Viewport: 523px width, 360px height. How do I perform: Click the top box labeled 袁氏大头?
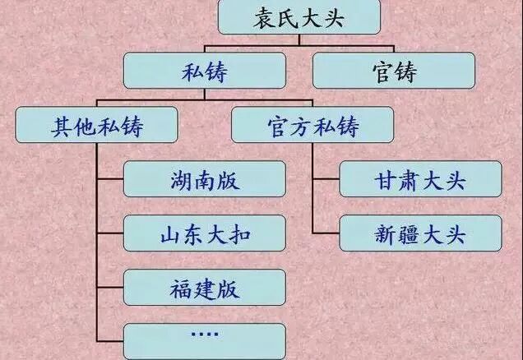[299, 17]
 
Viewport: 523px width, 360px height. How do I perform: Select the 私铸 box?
[205, 71]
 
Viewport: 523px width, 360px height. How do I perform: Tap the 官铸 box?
[394, 71]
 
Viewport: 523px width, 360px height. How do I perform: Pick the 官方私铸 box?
[313, 125]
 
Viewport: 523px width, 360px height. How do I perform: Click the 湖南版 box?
[205, 179]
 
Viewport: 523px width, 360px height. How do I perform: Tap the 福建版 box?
[205, 288]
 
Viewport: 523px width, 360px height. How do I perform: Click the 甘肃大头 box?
[419, 179]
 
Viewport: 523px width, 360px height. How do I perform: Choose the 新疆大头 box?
[419, 233]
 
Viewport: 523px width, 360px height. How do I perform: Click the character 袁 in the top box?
[264, 17]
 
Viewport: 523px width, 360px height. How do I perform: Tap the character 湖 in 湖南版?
[183, 179]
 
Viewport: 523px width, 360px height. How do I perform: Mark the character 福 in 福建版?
[183, 288]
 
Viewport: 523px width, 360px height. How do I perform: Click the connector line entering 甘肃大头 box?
[326, 179]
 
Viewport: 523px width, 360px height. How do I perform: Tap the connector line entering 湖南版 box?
[110, 179]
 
